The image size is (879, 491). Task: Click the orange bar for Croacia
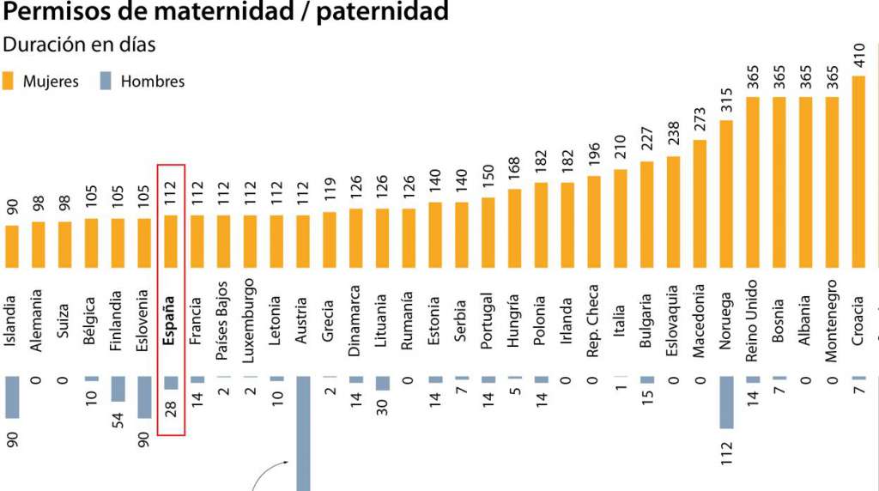[858, 172]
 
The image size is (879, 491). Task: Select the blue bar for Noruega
[726, 402]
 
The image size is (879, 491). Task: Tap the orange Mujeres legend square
[9, 82]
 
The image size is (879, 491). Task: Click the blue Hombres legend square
[106, 82]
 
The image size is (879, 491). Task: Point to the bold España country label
[169, 319]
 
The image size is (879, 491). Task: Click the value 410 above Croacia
[859, 57]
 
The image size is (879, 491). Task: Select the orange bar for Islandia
[12, 246]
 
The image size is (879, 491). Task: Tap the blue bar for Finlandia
[118, 388]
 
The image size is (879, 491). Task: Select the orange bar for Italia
[621, 218]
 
